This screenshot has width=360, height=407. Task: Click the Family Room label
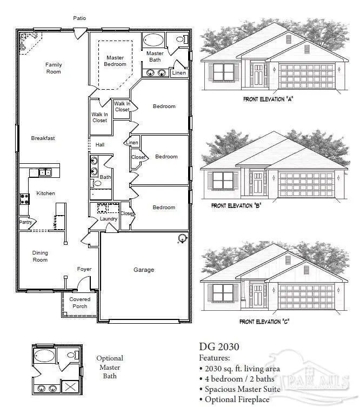(x=54, y=68)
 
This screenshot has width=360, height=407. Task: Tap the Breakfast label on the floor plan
(x=43, y=138)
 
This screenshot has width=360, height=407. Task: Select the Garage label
(x=144, y=270)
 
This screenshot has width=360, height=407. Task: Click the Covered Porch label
(x=79, y=303)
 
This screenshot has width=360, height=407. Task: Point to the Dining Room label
(x=40, y=256)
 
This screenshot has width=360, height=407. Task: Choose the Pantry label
(x=25, y=222)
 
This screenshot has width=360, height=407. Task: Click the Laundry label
(x=109, y=219)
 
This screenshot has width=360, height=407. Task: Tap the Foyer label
(x=84, y=269)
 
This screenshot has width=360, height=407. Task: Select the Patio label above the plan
(x=79, y=18)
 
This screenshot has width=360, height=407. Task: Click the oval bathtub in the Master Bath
(x=154, y=41)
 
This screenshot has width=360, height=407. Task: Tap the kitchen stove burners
(x=24, y=198)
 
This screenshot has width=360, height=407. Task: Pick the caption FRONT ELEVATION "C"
(x=264, y=322)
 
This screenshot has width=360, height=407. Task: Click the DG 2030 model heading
(x=219, y=346)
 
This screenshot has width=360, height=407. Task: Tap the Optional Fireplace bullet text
(x=237, y=399)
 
